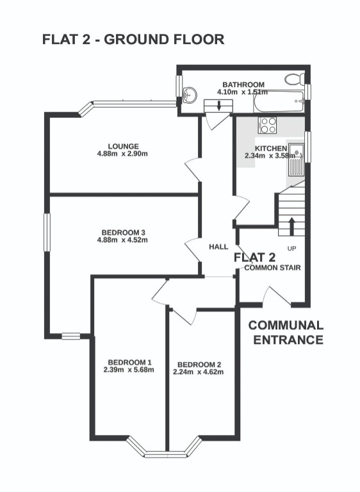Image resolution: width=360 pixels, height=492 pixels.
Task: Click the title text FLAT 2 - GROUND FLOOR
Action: [x=133, y=39]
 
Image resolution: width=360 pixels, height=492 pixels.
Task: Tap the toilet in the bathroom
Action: [x=295, y=79]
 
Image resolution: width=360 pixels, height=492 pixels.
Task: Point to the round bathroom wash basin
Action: [x=189, y=96]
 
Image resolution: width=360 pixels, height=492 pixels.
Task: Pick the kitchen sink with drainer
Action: [x=297, y=160]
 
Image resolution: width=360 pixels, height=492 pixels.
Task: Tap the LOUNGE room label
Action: [x=123, y=146]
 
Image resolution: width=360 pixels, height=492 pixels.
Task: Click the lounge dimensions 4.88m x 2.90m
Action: [x=123, y=154]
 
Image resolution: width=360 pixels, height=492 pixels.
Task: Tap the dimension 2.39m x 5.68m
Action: [x=129, y=369]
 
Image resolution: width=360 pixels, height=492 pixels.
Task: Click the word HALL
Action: [x=218, y=247]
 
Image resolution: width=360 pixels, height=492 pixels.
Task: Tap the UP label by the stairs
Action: [x=292, y=248]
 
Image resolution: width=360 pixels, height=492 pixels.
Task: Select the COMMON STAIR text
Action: [x=273, y=268]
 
